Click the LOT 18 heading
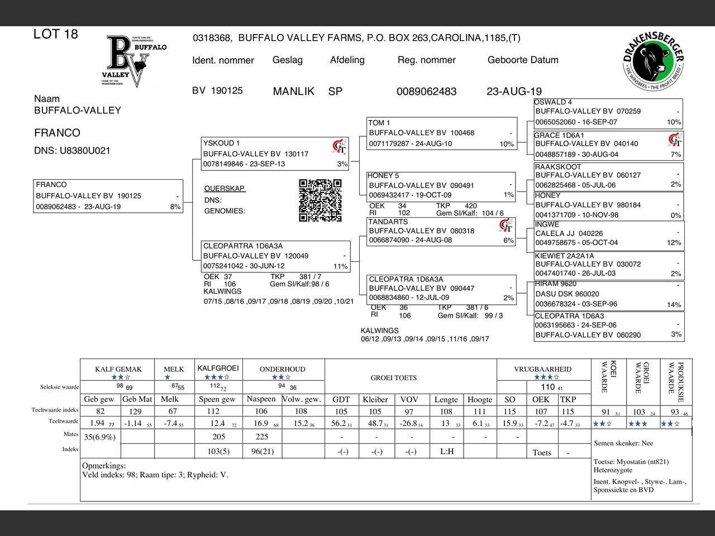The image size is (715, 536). click(x=56, y=34)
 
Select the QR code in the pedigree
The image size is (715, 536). click(x=320, y=200)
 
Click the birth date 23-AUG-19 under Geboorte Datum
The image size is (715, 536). click(x=514, y=92)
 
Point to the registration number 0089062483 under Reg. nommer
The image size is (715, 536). click(x=426, y=92)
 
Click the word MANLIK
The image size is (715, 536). click(x=294, y=92)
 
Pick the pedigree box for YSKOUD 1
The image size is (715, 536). click(x=275, y=153)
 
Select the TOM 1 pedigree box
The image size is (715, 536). click(x=441, y=133)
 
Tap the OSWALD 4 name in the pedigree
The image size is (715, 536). click(x=553, y=102)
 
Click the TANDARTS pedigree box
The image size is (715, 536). click(x=441, y=231)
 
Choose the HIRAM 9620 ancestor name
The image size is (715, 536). click(x=556, y=284)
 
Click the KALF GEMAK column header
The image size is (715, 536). click(x=118, y=369)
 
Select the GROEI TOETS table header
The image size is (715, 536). click(x=394, y=378)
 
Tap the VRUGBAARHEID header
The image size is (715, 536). click(x=542, y=369)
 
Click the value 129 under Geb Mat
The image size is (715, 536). click(x=135, y=411)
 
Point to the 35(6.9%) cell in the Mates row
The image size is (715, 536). click(x=100, y=437)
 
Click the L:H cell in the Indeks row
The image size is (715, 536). click(x=447, y=451)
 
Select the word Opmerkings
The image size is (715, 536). click(x=104, y=466)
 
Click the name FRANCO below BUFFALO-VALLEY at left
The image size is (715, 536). click(x=57, y=133)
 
